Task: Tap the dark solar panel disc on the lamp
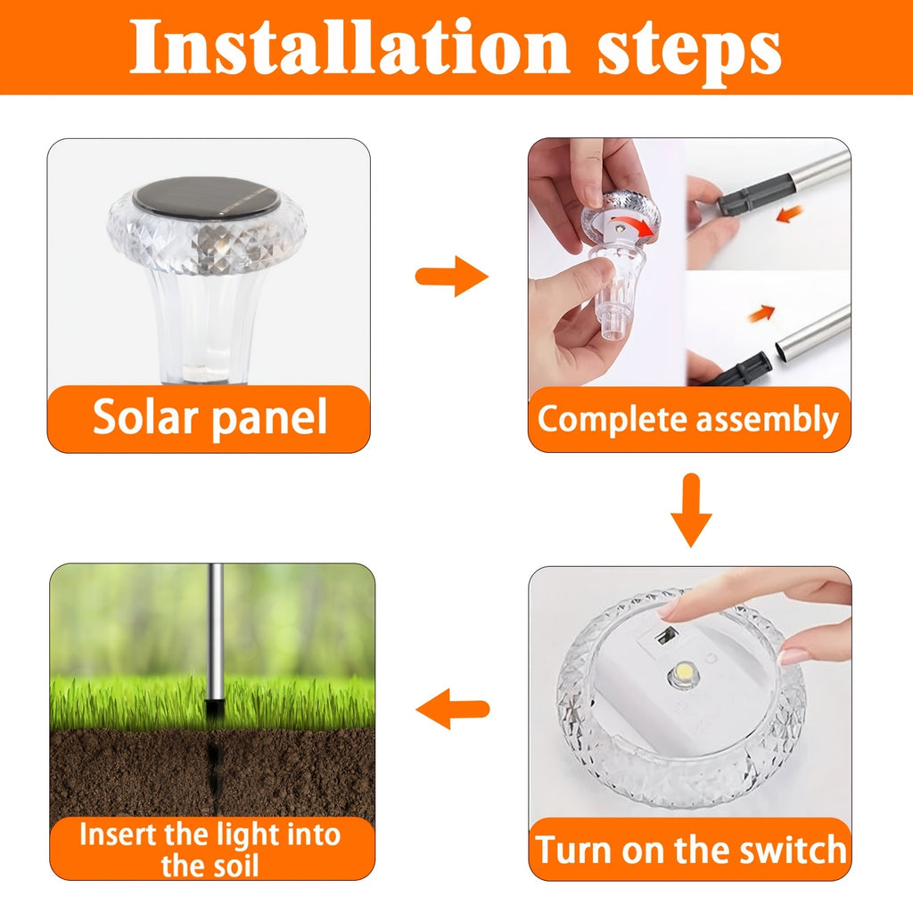tap(206, 197)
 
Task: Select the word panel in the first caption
tap(269, 419)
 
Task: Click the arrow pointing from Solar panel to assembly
tap(451, 276)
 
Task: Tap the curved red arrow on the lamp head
tap(637, 226)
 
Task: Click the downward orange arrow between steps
tap(691, 510)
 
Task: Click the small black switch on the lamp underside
tap(665, 637)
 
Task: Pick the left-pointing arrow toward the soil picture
tap(452, 709)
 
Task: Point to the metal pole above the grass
tap(216, 632)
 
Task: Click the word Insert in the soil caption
tap(119, 835)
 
